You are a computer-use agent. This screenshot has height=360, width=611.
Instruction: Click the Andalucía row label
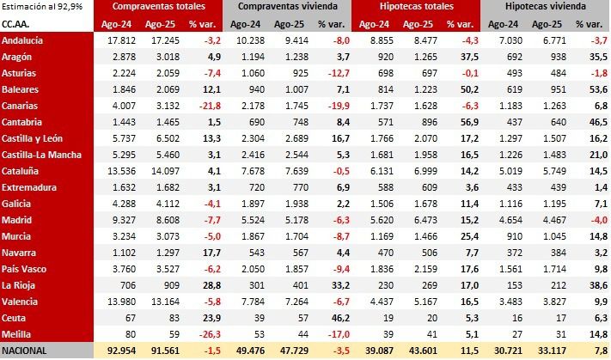(x=23, y=40)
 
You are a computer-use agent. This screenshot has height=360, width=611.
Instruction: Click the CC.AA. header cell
(x=16, y=24)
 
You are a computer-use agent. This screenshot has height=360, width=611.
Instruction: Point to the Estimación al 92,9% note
(x=40, y=7)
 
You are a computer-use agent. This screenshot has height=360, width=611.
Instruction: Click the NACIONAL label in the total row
(x=25, y=351)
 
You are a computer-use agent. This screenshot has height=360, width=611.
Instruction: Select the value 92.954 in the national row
(x=123, y=351)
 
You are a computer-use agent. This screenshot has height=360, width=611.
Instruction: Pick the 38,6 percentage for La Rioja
(x=597, y=284)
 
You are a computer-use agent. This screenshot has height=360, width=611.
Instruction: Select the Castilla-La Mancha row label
(x=42, y=154)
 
